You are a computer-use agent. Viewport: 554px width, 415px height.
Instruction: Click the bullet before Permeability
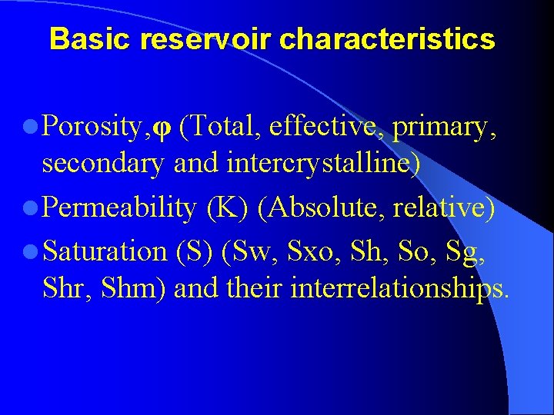coord(31,207)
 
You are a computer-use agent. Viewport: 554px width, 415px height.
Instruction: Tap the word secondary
coord(104,163)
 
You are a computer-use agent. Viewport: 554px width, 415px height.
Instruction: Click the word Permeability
coord(119,207)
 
